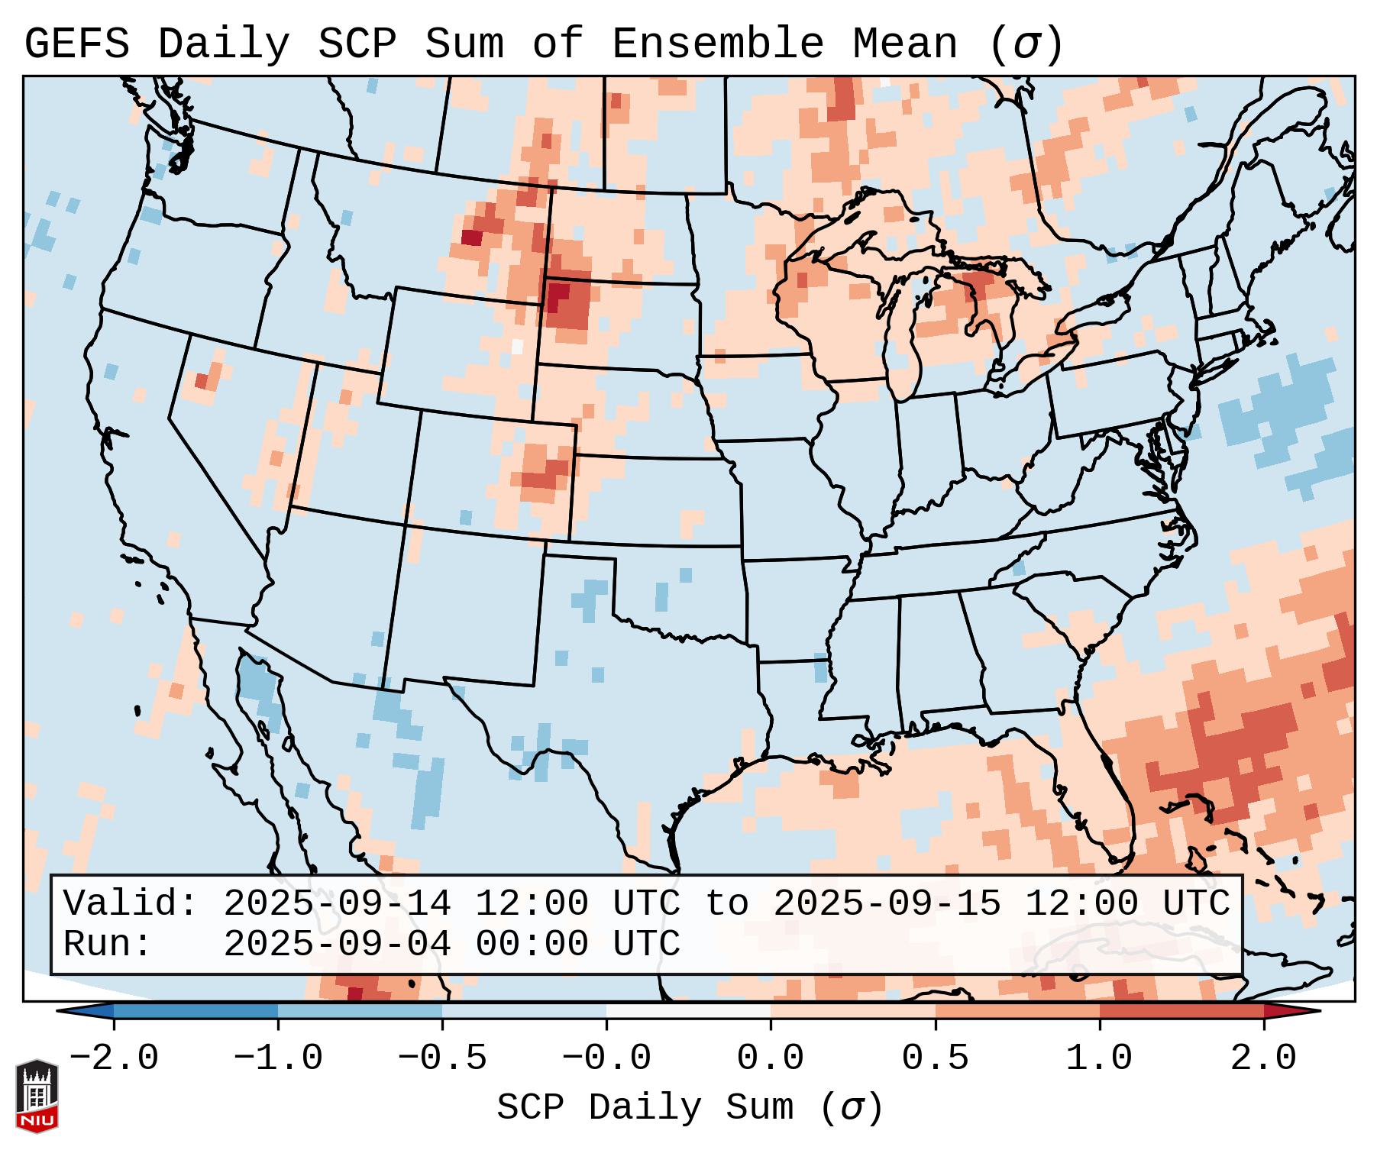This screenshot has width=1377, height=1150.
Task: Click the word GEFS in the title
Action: click(77, 44)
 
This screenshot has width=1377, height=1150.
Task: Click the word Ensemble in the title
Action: click(717, 44)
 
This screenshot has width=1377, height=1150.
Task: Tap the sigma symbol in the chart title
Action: click(1026, 44)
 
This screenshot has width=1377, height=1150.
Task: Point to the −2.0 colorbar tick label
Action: click(114, 1058)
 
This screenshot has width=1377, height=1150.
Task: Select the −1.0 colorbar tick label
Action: click(278, 1058)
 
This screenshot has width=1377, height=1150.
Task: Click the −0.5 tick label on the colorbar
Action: click(442, 1058)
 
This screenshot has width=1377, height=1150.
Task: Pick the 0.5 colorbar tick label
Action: click(935, 1058)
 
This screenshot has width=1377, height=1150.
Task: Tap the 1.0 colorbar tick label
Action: click(1099, 1058)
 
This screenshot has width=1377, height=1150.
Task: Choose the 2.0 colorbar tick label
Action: click(1263, 1058)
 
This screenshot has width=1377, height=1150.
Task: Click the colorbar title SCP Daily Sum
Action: click(645, 1107)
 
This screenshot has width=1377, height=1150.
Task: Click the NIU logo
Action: click(37, 1096)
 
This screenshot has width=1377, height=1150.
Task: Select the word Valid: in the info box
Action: click(131, 903)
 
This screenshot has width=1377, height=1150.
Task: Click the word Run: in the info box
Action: click(108, 944)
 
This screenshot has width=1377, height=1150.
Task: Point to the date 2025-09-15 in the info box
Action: click(887, 903)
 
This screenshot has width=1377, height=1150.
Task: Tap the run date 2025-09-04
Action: click(337, 944)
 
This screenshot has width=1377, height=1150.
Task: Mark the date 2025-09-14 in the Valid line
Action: click(337, 903)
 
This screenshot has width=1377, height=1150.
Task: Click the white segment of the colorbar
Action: click(688, 1011)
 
